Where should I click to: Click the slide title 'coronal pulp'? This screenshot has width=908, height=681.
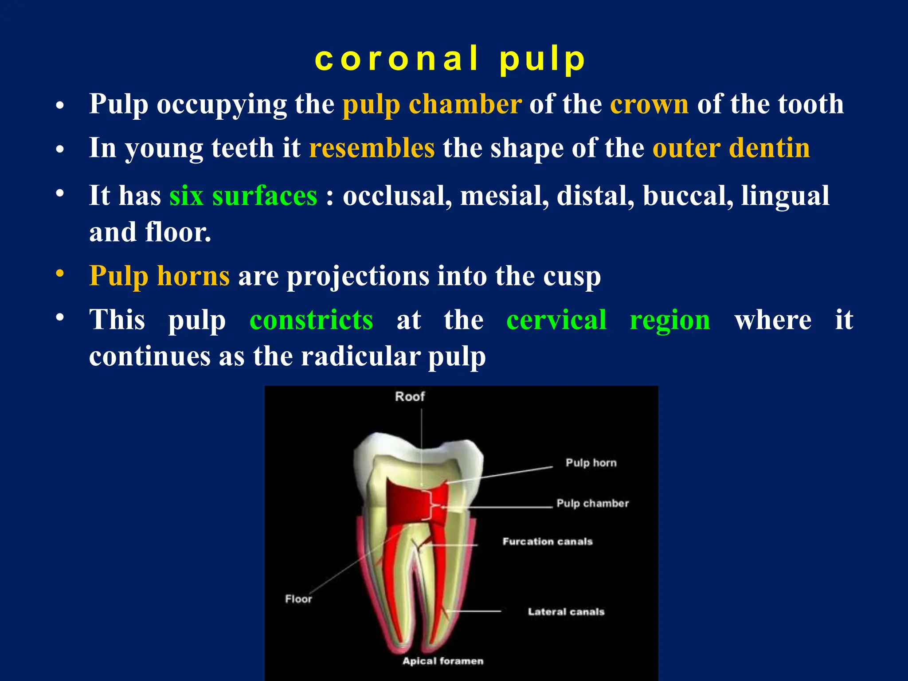450,59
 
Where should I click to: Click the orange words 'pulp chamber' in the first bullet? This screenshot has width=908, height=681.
432,105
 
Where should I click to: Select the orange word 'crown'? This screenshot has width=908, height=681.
649,105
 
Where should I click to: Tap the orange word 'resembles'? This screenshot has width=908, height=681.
372,148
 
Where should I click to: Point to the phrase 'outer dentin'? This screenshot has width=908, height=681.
731,148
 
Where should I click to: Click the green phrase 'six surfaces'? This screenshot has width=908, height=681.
243,196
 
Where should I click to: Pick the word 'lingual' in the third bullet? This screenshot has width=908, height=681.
785,196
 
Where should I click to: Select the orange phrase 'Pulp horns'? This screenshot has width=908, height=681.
159,276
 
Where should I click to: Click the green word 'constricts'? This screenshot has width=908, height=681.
311,320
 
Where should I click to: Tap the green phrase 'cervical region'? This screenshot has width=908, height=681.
608,320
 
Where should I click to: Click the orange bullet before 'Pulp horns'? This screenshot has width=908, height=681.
60,274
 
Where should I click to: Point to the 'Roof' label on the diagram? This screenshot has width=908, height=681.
410,396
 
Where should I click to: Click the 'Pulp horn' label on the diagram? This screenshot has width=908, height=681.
591,463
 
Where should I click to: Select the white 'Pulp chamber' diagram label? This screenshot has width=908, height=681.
593,503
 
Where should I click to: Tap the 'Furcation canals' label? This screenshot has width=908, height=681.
548,541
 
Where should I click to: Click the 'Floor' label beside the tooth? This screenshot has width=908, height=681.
298,599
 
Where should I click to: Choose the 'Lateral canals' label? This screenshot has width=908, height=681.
566,612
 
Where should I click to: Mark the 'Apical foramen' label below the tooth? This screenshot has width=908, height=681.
443,661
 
